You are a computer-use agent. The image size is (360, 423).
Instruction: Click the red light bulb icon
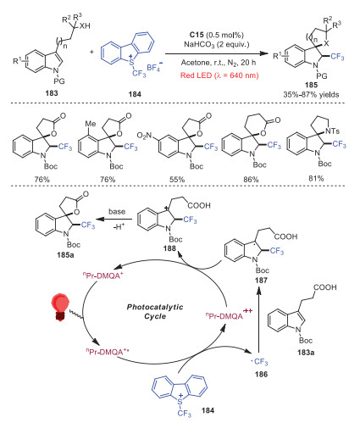[x=60, y=307]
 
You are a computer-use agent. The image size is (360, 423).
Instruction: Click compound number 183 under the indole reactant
[x=52, y=93]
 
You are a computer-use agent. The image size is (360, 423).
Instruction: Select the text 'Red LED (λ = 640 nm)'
[x=219, y=75]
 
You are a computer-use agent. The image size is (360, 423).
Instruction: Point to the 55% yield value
[x=177, y=180]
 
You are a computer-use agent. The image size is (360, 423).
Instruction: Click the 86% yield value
[x=251, y=180]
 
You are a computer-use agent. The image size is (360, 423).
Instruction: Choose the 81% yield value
[x=316, y=178]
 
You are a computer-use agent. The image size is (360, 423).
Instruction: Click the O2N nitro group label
[x=144, y=136]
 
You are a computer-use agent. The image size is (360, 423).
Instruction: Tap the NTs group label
[x=332, y=131]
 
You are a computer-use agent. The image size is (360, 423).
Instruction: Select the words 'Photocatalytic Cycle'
[x=155, y=311]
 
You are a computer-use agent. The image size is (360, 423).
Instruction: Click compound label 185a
[x=65, y=254]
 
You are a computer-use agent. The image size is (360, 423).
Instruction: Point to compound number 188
[x=169, y=248]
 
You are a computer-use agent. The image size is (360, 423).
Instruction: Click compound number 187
[x=261, y=280]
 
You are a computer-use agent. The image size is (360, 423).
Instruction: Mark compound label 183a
[x=306, y=353]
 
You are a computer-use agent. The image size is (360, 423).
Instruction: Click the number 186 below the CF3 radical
[x=261, y=374]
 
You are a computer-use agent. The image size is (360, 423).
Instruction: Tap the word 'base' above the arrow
[x=117, y=212]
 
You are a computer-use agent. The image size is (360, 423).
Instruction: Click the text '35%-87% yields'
[x=311, y=94]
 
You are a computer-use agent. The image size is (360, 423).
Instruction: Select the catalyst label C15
[x=197, y=35]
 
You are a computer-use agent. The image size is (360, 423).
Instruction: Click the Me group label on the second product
[x=91, y=124]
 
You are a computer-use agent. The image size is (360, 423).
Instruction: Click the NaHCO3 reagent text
[x=200, y=44]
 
